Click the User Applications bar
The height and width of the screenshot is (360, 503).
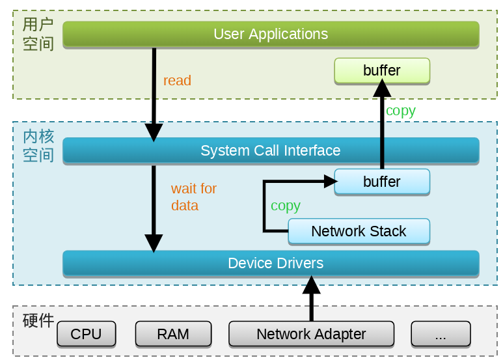tap(271, 34)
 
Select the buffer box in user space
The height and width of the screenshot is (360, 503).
tap(382, 70)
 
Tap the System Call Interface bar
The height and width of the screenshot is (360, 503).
tap(271, 150)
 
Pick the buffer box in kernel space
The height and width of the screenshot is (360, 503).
tap(382, 182)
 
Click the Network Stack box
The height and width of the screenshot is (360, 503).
tap(359, 231)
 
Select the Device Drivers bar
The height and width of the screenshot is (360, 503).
tap(271, 263)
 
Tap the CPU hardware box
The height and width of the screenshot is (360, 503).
tap(86, 334)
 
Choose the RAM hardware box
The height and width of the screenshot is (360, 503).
tap(173, 334)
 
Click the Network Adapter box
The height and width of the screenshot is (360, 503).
tap(311, 334)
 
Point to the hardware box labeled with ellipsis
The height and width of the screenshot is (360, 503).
tap(440, 334)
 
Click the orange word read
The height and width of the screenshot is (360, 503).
tap(177, 81)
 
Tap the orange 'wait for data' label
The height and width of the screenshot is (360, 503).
tap(193, 197)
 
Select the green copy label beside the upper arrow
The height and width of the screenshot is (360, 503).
tap(400, 111)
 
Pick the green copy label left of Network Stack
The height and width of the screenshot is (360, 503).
tap(285, 206)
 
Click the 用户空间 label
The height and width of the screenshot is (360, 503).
tap(38, 35)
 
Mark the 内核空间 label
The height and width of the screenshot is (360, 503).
tap(38, 146)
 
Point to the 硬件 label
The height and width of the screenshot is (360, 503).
tap(38, 321)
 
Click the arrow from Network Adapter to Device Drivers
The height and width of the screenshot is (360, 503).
tap(312, 299)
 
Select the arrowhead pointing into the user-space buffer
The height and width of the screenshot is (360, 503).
tap(382, 88)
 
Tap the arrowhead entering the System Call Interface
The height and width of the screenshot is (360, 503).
tap(154, 132)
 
